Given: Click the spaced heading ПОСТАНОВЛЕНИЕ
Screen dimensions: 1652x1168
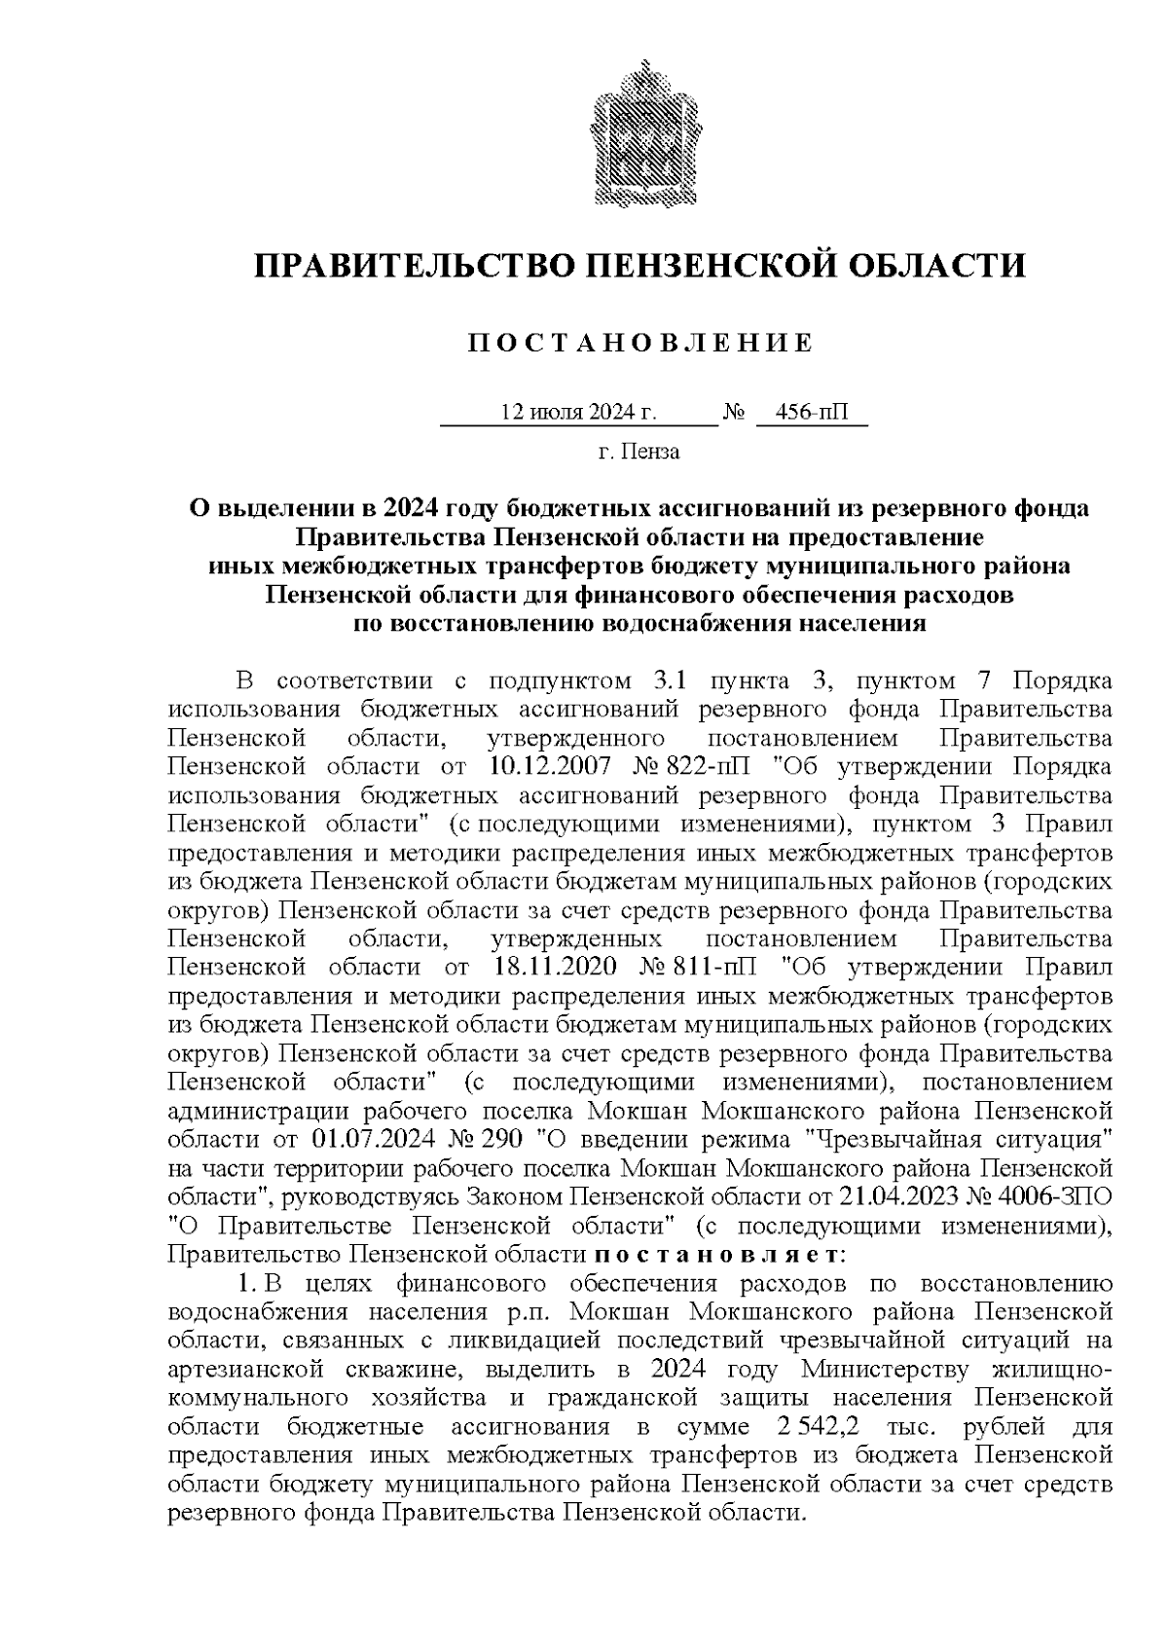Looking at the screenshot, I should [x=639, y=344].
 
